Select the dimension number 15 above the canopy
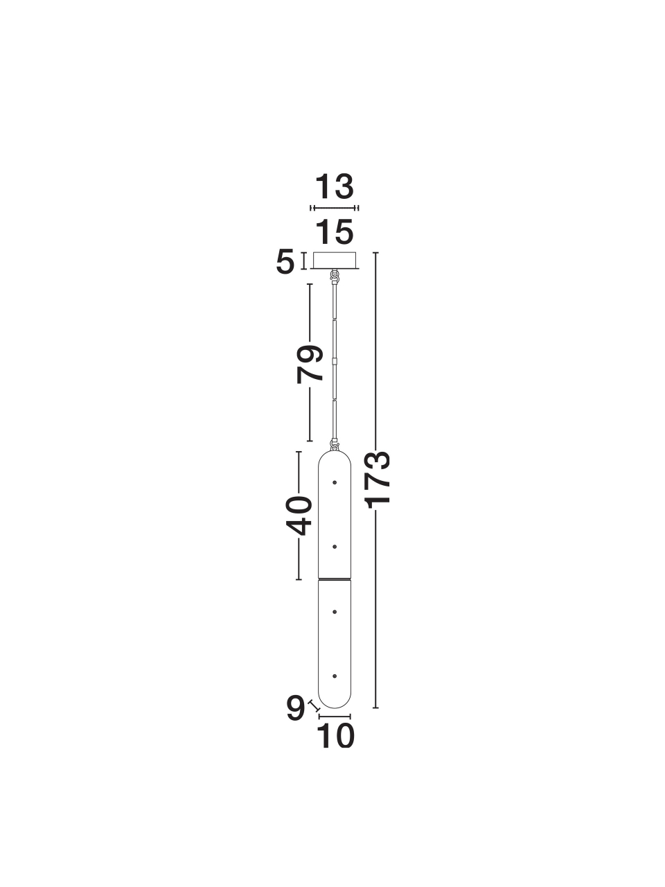click(x=335, y=232)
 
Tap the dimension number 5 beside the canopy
click(x=285, y=263)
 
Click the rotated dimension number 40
click(x=299, y=516)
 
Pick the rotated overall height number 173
click(x=378, y=478)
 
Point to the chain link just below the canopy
click(x=335, y=276)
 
